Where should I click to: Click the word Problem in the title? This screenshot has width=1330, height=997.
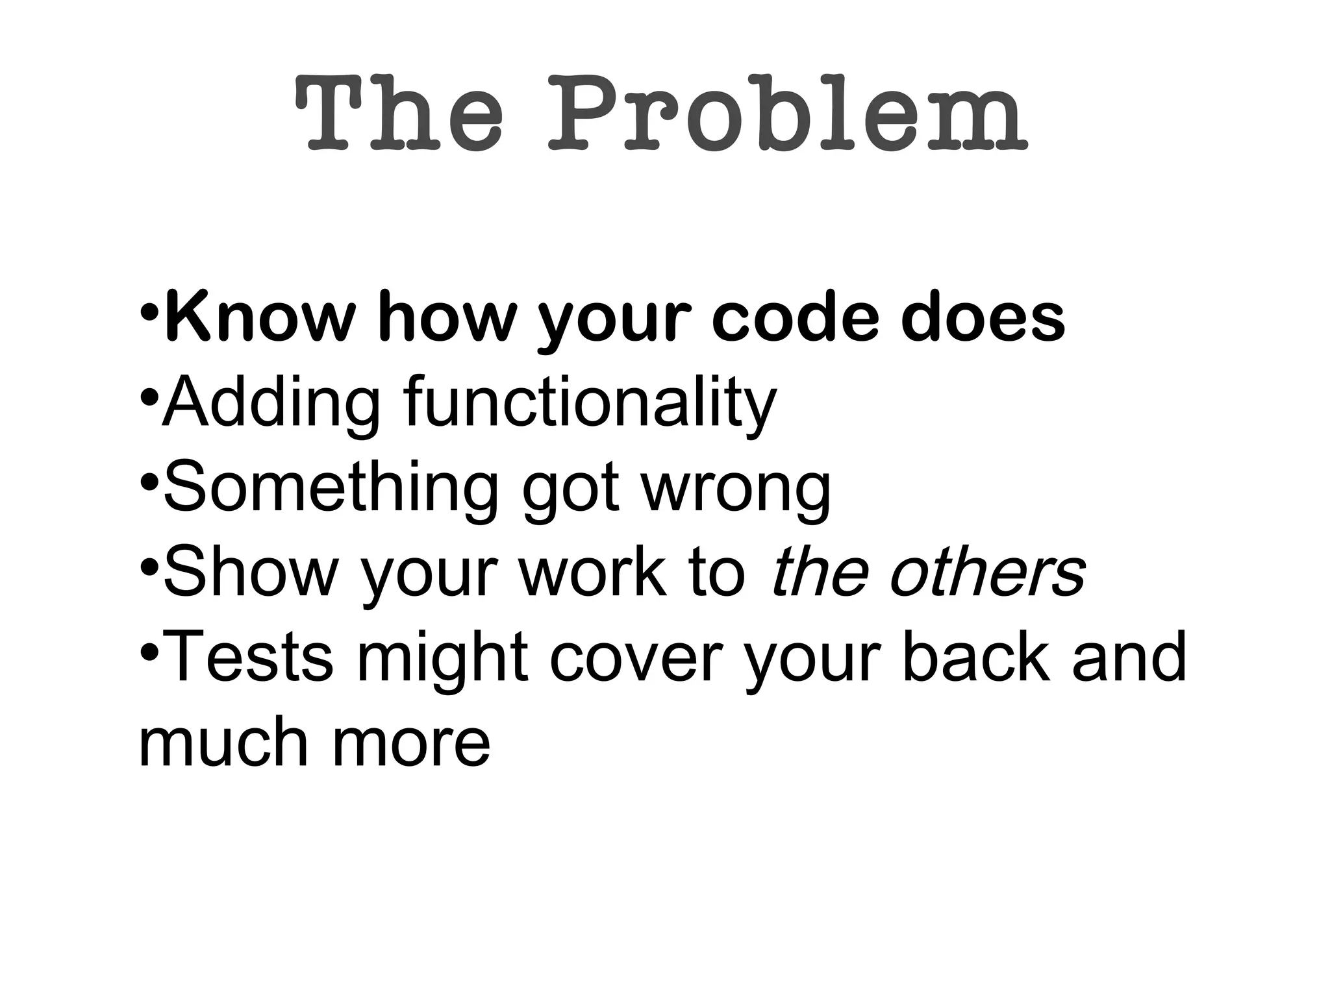(x=787, y=114)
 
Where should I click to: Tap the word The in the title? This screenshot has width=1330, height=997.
(x=399, y=114)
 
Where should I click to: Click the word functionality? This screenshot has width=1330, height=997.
(x=590, y=403)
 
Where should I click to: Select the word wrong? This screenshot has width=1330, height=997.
(x=736, y=488)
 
